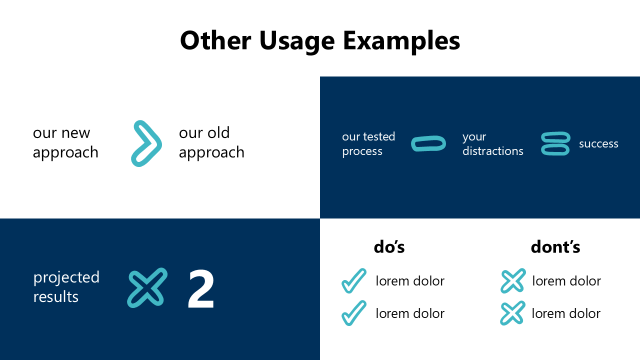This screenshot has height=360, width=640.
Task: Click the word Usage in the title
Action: coord(297,41)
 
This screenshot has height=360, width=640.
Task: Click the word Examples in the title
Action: coord(401,41)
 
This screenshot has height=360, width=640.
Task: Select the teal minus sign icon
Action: coord(428,143)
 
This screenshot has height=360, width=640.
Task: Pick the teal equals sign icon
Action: coord(555,143)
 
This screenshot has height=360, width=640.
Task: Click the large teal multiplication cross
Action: coord(147,287)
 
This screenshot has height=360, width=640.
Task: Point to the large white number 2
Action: coord(201,289)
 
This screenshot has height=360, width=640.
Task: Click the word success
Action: coord(598,143)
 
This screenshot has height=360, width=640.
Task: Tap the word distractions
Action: coord(493,151)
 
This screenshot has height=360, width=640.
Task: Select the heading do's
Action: coord(389,247)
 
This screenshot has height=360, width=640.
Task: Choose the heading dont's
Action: coord(555,247)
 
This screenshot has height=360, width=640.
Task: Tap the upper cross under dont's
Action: coord(513,280)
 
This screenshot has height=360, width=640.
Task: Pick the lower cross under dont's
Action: coord(513,313)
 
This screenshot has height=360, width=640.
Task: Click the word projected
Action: coord(66,278)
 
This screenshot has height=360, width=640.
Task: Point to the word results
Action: coord(55,296)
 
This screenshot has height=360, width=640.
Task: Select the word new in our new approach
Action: coord(75,133)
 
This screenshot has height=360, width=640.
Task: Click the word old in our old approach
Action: coord(218,132)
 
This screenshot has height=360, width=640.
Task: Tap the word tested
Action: coord(379,136)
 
